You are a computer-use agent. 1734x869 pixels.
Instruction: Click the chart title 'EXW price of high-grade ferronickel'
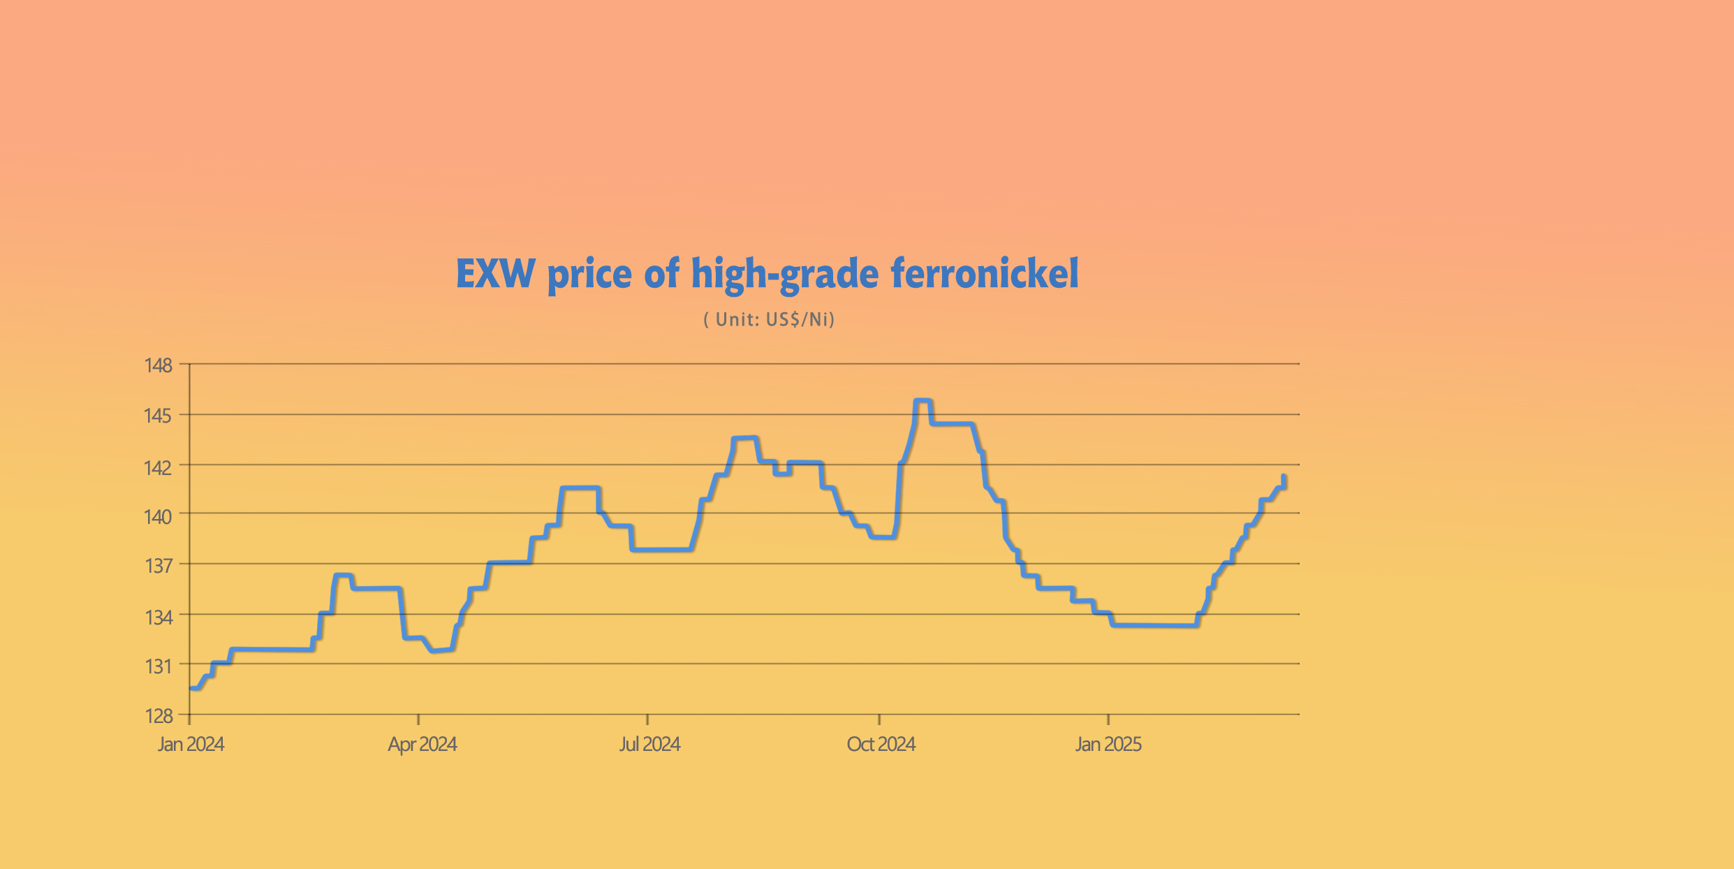pyautogui.click(x=767, y=274)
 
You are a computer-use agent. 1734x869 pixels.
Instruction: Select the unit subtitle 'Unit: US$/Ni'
pyautogui.click(x=769, y=320)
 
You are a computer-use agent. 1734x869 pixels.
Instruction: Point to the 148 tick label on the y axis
pyautogui.click(x=158, y=365)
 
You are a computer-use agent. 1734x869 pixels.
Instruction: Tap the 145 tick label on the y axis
pyautogui.click(x=158, y=416)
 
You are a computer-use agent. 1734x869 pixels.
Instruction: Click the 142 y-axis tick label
pyautogui.click(x=158, y=467)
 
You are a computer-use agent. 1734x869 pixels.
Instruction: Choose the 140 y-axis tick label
pyautogui.click(x=158, y=517)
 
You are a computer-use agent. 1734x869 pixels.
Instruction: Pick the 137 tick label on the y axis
pyautogui.click(x=159, y=566)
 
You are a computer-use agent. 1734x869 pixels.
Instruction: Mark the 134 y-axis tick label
pyautogui.click(x=159, y=618)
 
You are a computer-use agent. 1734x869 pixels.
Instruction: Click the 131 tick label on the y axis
pyautogui.click(x=159, y=666)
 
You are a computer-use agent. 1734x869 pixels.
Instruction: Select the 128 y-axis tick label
pyautogui.click(x=159, y=716)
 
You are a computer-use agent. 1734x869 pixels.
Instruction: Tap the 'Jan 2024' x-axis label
pyautogui.click(x=191, y=745)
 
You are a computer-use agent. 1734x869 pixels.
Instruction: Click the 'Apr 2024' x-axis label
pyautogui.click(x=423, y=745)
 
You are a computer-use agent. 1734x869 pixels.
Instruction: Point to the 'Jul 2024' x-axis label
pyautogui.click(x=649, y=745)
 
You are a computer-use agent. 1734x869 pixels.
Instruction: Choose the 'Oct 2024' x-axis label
pyautogui.click(x=881, y=745)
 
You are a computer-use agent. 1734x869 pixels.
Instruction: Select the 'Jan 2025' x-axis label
pyautogui.click(x=1108, y=745)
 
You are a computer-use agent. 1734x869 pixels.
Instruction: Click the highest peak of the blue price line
pyautogui.click(x=923, y=401)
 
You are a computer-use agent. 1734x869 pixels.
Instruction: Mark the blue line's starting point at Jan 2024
pyautogui.click(x=191, y=688)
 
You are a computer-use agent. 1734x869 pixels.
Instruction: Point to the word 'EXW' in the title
pyautogui.click(x=496, y=274)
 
